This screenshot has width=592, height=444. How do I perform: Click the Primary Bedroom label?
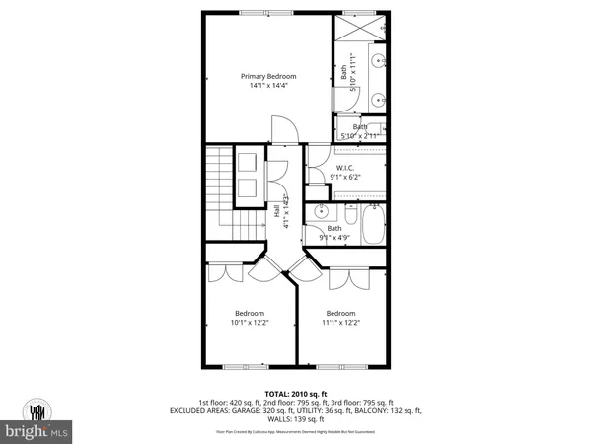pyautogui.click(x=268, y=76)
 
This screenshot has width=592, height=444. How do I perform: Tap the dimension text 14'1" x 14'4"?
pyautogui.click(x=268, y=86)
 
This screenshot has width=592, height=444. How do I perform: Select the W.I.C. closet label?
pyautogui.click(x=345, y=168)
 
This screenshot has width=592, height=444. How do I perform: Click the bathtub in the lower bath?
pyautogui.click(x=373, y=227)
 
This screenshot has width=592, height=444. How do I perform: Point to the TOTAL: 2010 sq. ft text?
pyautogui.click(x=295, y=393)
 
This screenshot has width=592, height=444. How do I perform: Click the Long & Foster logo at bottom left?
pyautogui.click(x=37, y=418)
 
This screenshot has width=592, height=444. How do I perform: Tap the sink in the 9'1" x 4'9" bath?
pyautogui.click(x=321, y=212)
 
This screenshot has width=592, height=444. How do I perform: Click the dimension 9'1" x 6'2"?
pyautogui.click(x=345, y=177)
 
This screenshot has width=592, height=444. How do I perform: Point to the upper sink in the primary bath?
pyautogui.click(x=381, y=60)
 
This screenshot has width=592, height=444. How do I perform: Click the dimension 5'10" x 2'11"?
pyautogui.click(x=360, y=135)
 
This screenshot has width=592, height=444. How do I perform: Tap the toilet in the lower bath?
pyautogui.click(x=346, y=211)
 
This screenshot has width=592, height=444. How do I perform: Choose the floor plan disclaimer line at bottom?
pyautogui.click(x=295, y=432)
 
